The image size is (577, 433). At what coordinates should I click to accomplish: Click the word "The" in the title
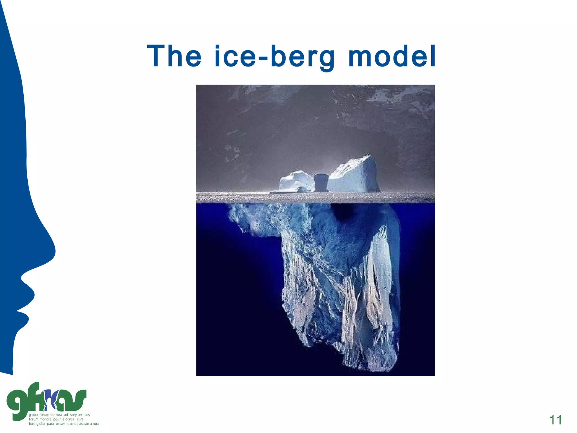coord(174,56)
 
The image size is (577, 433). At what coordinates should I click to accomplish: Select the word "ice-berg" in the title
coord(275,57)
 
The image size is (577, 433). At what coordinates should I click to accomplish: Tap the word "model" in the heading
coord(392,56)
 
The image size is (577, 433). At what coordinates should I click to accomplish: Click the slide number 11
coord(556,420)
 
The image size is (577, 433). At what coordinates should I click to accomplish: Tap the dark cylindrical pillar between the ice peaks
coord(321,183)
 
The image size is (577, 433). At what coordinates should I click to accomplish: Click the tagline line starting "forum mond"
coord(56,419)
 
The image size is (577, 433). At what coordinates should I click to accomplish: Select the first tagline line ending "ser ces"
coord(59,415)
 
